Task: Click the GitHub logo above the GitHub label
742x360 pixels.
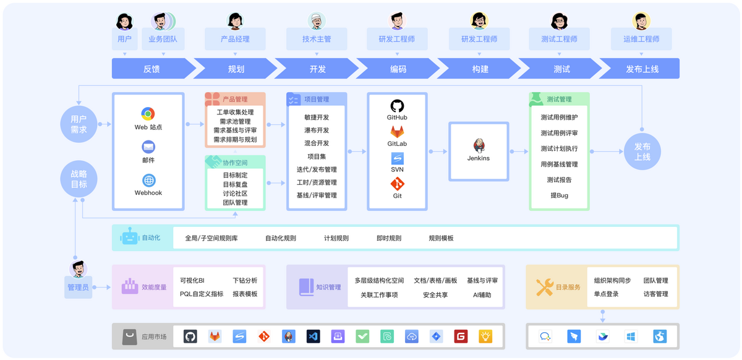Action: [x=397, y=106]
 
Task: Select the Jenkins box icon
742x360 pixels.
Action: [x=479, y=146]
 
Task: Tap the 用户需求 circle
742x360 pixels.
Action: [x=79, y=124]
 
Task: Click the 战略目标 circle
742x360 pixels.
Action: [x=79, y=179]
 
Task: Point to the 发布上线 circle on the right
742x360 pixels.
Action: [x=642, y=152]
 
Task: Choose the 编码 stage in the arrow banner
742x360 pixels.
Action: [x=398, y=69]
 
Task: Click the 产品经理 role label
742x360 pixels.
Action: [x=235, y=39]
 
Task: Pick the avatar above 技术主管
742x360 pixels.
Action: [x=317, y=21]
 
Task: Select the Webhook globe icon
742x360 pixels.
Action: [x=148, y=180]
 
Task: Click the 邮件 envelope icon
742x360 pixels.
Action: [x=148, y=147]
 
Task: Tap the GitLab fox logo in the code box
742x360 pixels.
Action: [x=397, y=132]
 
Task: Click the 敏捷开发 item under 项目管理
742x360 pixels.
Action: [x=317, y=117]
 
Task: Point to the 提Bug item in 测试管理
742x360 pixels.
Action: [x=559, y=195]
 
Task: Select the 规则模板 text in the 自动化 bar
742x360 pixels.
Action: [x=441, y=238]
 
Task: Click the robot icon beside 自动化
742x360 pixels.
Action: [x=130, y=238]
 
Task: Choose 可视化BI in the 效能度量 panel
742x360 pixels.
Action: [x=192, y=280]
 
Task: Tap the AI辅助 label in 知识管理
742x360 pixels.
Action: [x=482, y=295]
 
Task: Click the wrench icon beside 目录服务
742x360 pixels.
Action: [x=544, y=287]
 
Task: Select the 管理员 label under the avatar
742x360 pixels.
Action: [x=78, y=287]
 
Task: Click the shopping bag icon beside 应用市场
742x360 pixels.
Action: [x=129, y=336]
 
